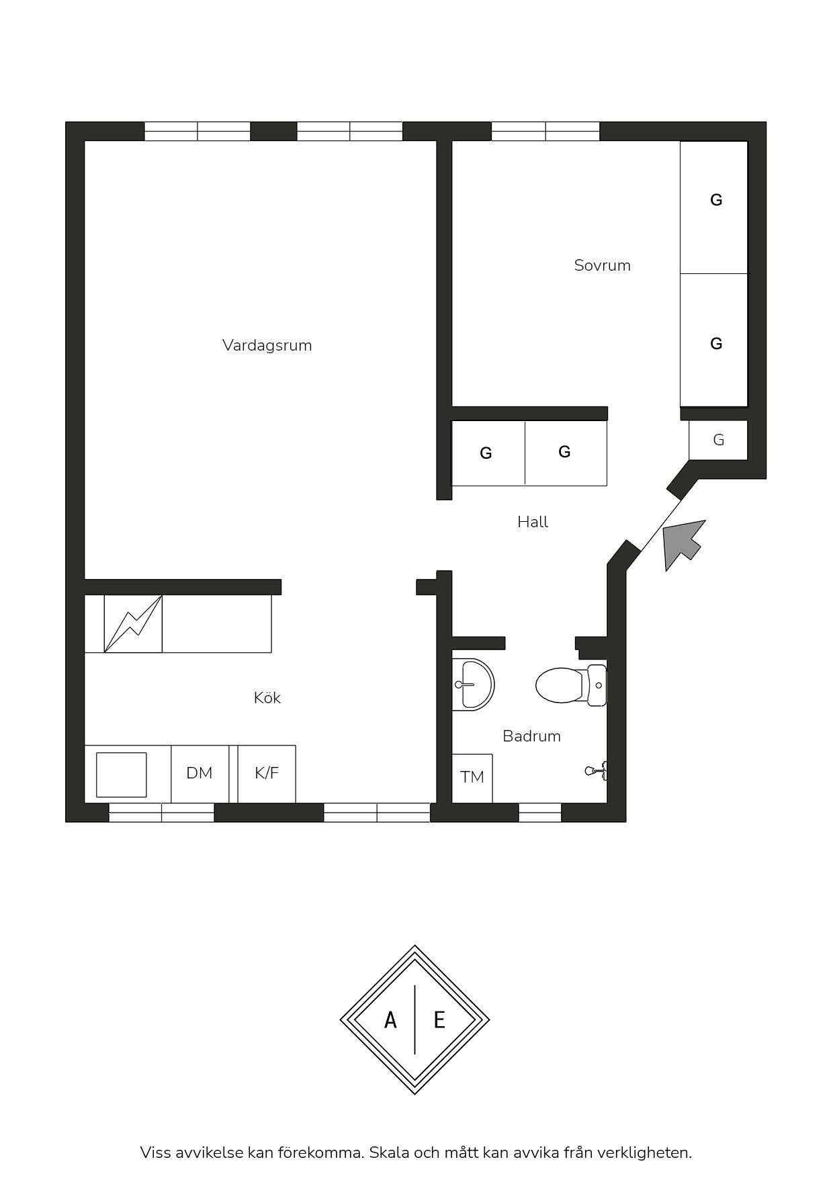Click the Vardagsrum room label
coord(267,345)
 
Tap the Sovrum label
coord(602,265)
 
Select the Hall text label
coord(533,522)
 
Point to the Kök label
coord(267,698)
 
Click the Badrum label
coord(531,736)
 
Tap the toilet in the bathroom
coord(572,685)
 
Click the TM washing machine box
coord(472,778)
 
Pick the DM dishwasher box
coord(200,773)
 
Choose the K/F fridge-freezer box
coord(267,773)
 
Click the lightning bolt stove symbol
coord(133,624)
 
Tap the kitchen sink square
coord(122,774)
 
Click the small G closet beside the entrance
coord(718,440)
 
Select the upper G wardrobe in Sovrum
coord(714,207)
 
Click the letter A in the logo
coord(390,1020)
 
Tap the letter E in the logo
coord(439,1020)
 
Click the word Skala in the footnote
coord(389,1152)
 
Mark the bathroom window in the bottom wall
coord(540,812)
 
